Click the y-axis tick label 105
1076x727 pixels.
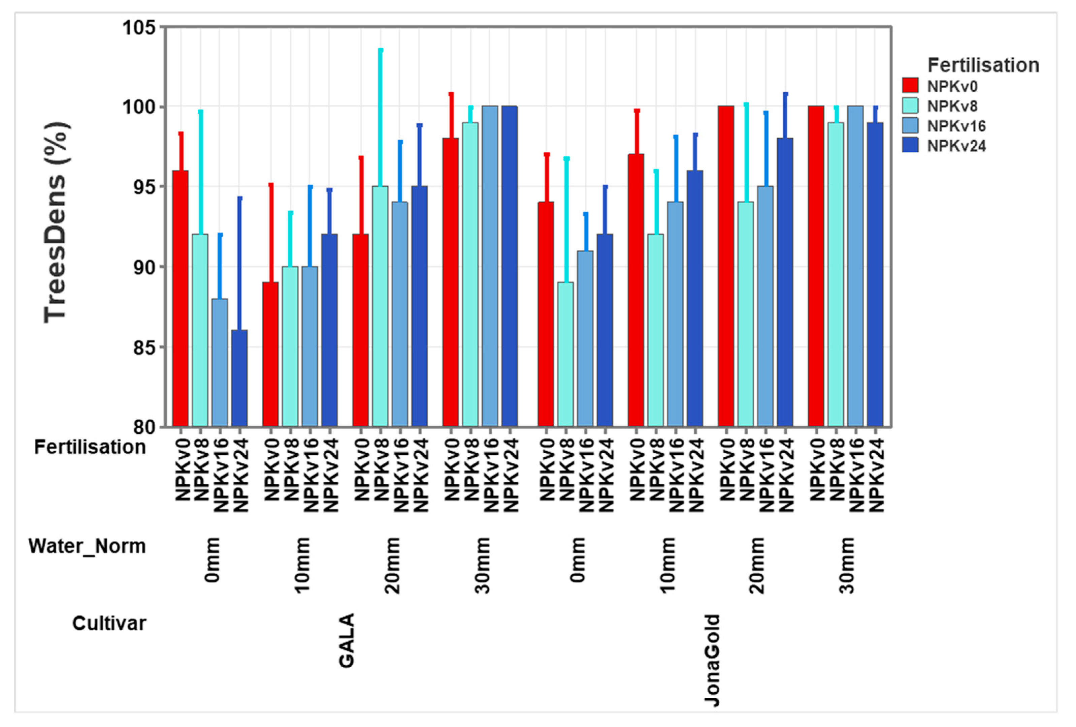pyautogui.click(x=139, y=28)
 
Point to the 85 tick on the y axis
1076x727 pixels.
pyautogui.click(x=144, y=347)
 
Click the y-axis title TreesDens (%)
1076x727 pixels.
pyautogui.click(x=56, y=222)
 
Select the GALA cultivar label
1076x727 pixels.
pyautogui.click(x=346, y=641)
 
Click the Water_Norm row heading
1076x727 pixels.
pyautogui.click(x=87, y=546)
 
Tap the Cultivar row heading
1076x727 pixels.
pyautogui.click(x=109, y=623)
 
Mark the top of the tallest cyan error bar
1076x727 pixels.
pyautogui.click(x=381, y=49)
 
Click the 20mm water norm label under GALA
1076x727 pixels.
pyautogui.click(x=392, y=565)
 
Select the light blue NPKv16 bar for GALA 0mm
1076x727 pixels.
pyautogui.click(x=220, y=362)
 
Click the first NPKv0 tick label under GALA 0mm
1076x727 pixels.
pyautogui.click(x=183, y=470)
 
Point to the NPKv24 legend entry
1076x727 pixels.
pyautogui.click(x=956, y=146)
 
